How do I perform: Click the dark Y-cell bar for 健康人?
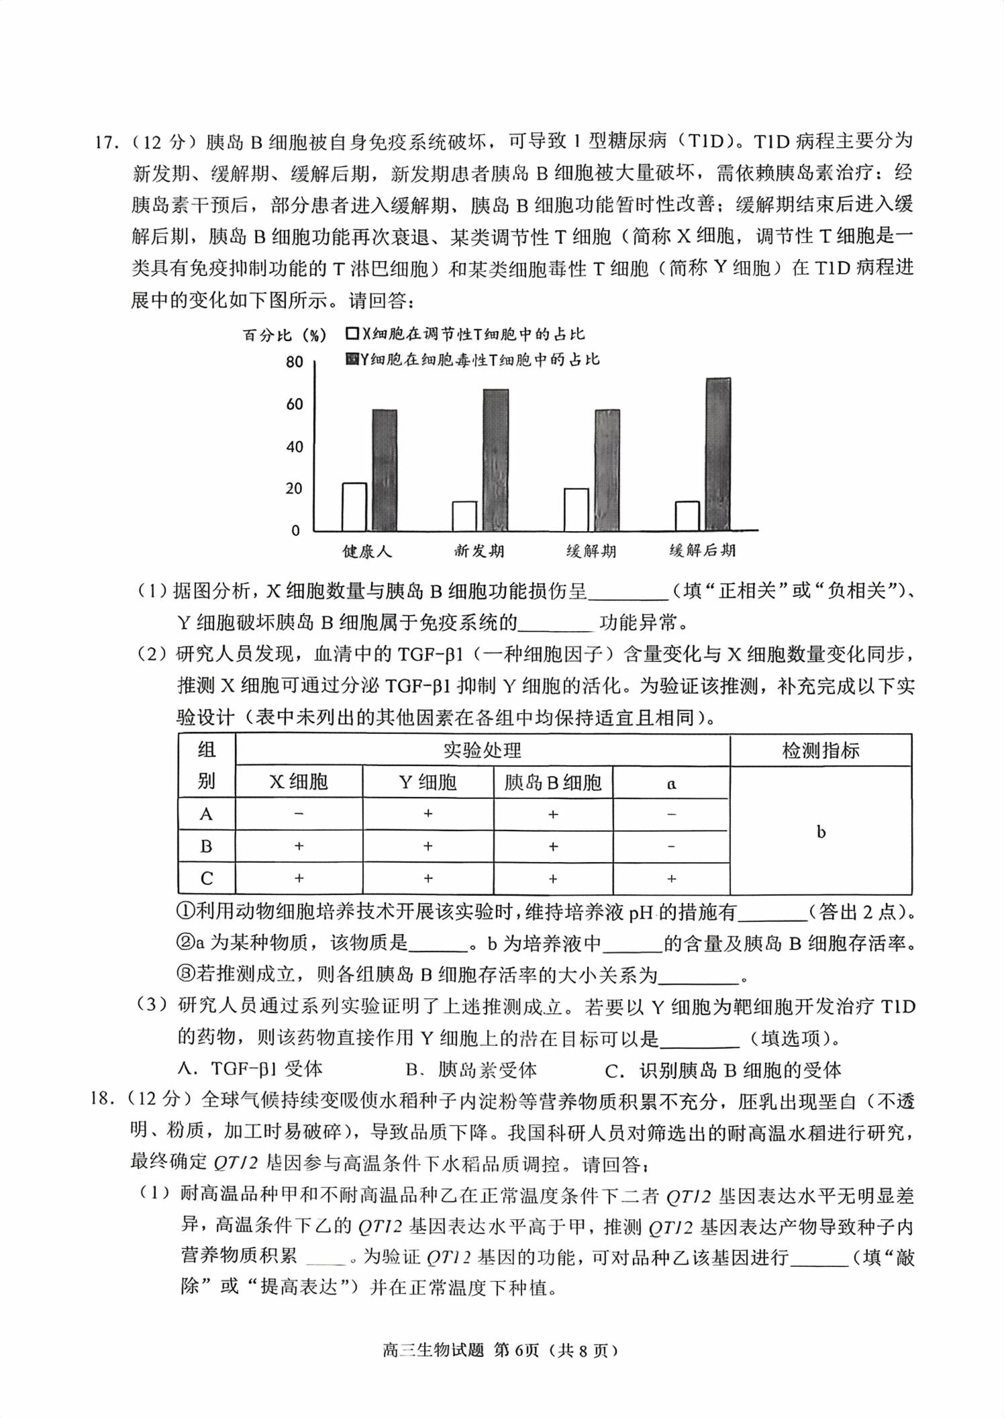pos(385,470)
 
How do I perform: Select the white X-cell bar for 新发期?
pos(464,516)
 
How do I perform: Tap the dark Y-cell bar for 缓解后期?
pos(718,455)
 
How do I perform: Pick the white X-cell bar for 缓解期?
pos(576,509)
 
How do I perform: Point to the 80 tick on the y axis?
pos(295,362)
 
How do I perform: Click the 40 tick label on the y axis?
pos(295,446)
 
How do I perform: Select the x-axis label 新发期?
pos(479,551)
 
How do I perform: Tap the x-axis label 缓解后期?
pos(703,551)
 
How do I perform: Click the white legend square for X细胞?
pos(352,334)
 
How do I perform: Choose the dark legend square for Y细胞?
pos(352,359)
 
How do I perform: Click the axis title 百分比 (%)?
pos(285,335)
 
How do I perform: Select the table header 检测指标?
pos(820,750)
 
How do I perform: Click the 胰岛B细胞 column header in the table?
pos(553,782)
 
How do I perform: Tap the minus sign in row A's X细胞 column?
pos(299,814)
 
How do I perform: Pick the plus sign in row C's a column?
pos(671,878)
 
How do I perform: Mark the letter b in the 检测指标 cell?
pos(821,833)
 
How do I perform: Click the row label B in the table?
pos(206,846)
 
